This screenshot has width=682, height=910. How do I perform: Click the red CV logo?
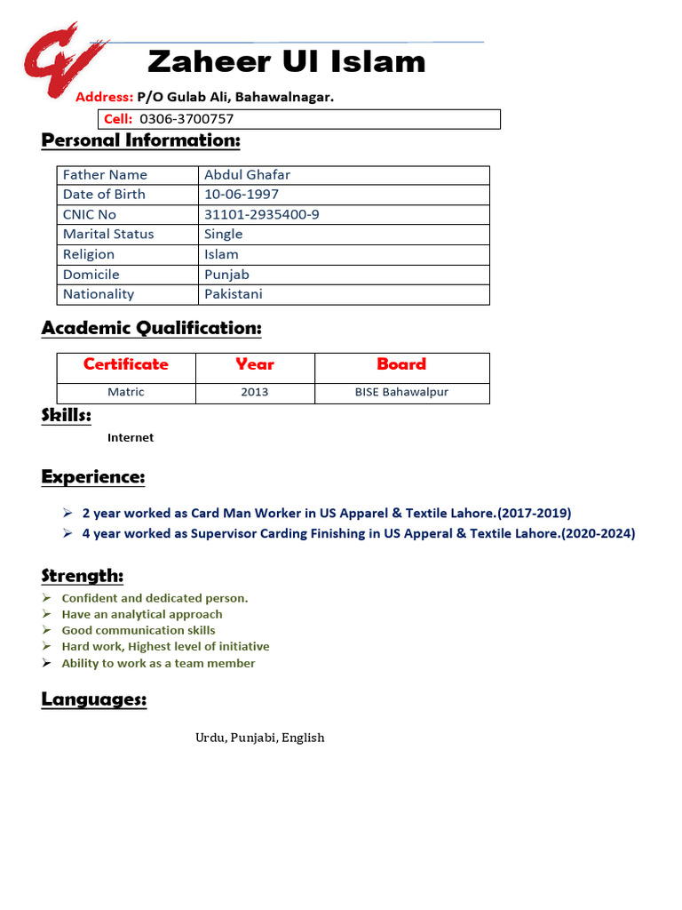point(65,61)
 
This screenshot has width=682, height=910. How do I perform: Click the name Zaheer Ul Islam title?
point(286,62)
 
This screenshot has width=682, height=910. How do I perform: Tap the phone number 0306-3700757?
point(186,119)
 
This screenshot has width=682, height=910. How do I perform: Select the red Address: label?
point(104,97)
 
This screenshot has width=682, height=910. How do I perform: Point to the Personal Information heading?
point(140,140)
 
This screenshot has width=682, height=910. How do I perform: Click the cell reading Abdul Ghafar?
point(247,175)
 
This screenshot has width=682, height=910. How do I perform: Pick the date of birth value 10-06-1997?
point(241,195)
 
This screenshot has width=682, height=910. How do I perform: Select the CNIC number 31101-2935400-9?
point(261,215)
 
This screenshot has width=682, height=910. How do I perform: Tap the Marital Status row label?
point(108,235)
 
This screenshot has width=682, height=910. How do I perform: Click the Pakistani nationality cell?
point(233,294)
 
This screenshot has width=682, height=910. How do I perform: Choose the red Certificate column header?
point(125,364)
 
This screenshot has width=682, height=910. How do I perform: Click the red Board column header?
point(401,364)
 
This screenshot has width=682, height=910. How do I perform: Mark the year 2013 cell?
point(254,392)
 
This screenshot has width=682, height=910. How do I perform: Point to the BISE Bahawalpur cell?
point(401,392)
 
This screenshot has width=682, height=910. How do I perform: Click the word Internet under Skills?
point(131,438)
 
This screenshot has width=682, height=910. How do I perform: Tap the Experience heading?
point(92,477)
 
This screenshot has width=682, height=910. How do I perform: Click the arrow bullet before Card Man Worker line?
point(67,513)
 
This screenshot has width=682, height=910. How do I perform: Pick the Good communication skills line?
point(139,631)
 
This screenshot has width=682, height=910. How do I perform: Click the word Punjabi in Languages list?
point(254,738)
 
